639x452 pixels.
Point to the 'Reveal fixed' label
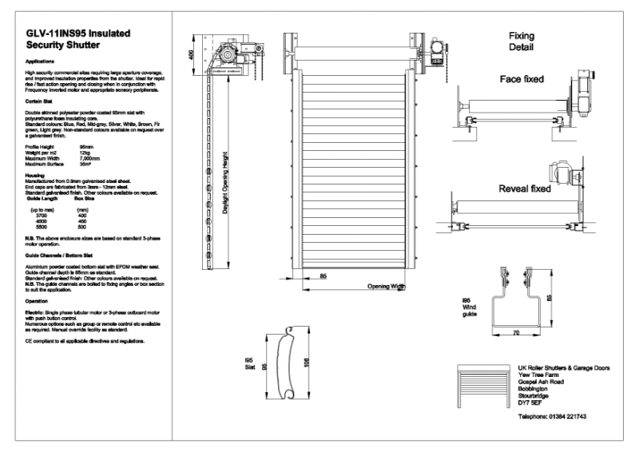[x=524, y=189]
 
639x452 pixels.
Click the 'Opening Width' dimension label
[x=387, y=286]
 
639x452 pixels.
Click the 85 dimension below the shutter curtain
[x=323, y=276]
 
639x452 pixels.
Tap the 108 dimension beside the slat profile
[x=307, y=364]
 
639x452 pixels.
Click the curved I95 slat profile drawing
[x=287, y=363]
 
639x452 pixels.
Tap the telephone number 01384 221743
[x=552, y=417]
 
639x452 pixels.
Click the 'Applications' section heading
[x=40, y=61]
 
